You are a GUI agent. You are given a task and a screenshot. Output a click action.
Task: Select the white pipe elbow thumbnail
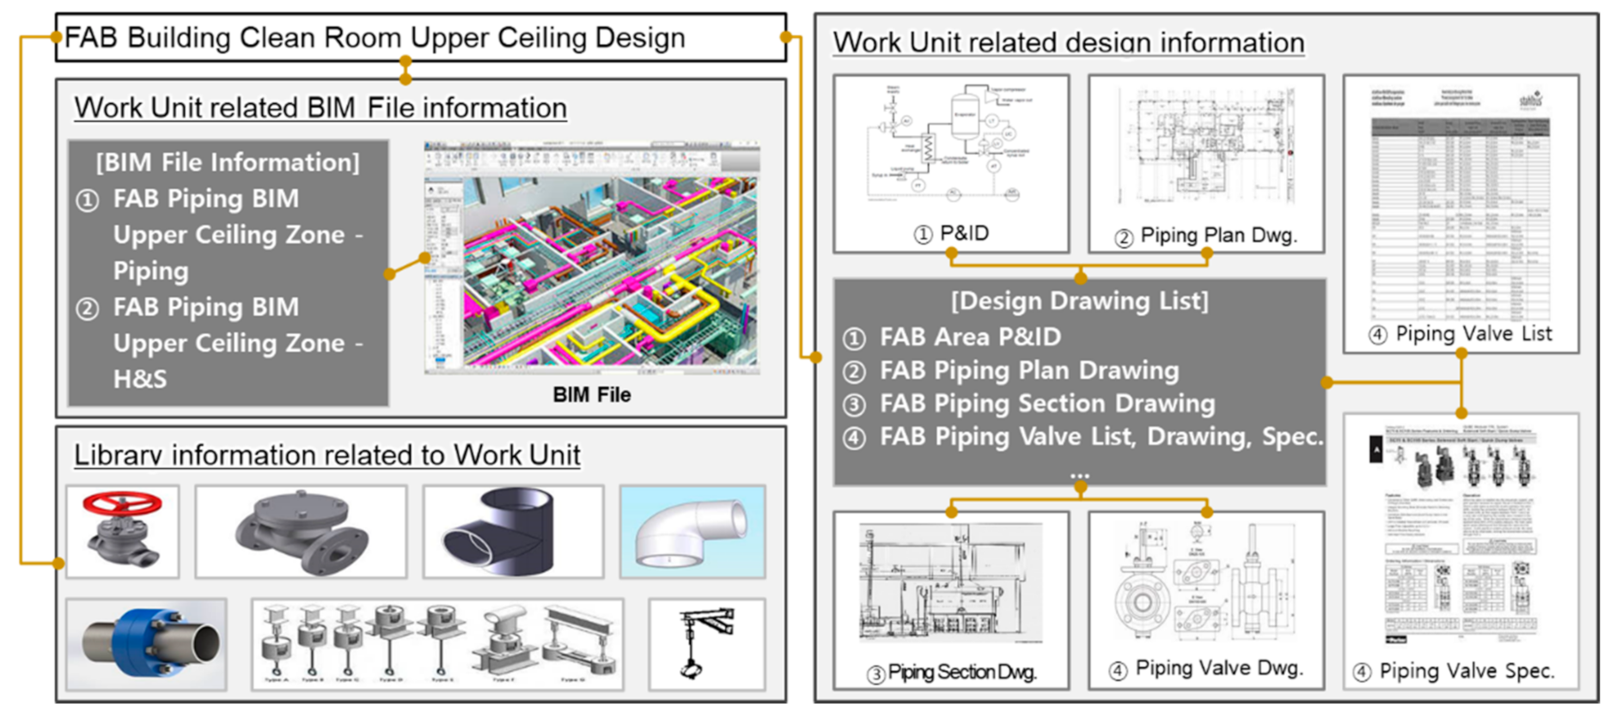pos(692,532)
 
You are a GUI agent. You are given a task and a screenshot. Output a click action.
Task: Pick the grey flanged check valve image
pos(301,532)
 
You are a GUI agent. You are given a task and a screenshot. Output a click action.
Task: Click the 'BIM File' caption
pos(591,395)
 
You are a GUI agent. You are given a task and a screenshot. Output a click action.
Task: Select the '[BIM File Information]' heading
pos(228,162)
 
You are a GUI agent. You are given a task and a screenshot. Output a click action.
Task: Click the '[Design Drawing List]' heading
pos(1079,302)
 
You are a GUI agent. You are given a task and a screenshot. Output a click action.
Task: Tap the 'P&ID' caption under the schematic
pos(963,234)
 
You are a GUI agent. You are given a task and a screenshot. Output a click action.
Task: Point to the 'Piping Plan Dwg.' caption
pos(1217,236)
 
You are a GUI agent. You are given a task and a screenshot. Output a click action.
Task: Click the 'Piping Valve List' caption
pos(1473,334)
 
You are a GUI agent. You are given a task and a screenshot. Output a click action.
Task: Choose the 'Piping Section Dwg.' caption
pos(961,673)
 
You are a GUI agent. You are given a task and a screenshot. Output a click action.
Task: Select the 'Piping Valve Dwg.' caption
pos(1218,668)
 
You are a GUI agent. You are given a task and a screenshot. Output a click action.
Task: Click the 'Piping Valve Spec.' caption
pos(1466,671)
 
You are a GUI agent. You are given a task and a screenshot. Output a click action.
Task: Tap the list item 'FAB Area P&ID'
pos(969,338)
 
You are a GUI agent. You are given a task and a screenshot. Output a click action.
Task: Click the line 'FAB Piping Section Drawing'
pos(1046,404)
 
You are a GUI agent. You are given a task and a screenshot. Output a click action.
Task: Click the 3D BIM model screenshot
pos(593,258)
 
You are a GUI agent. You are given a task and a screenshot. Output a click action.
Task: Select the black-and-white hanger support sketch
pos(706,644)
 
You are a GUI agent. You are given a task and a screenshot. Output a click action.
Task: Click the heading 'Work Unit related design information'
pos(1068,43)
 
